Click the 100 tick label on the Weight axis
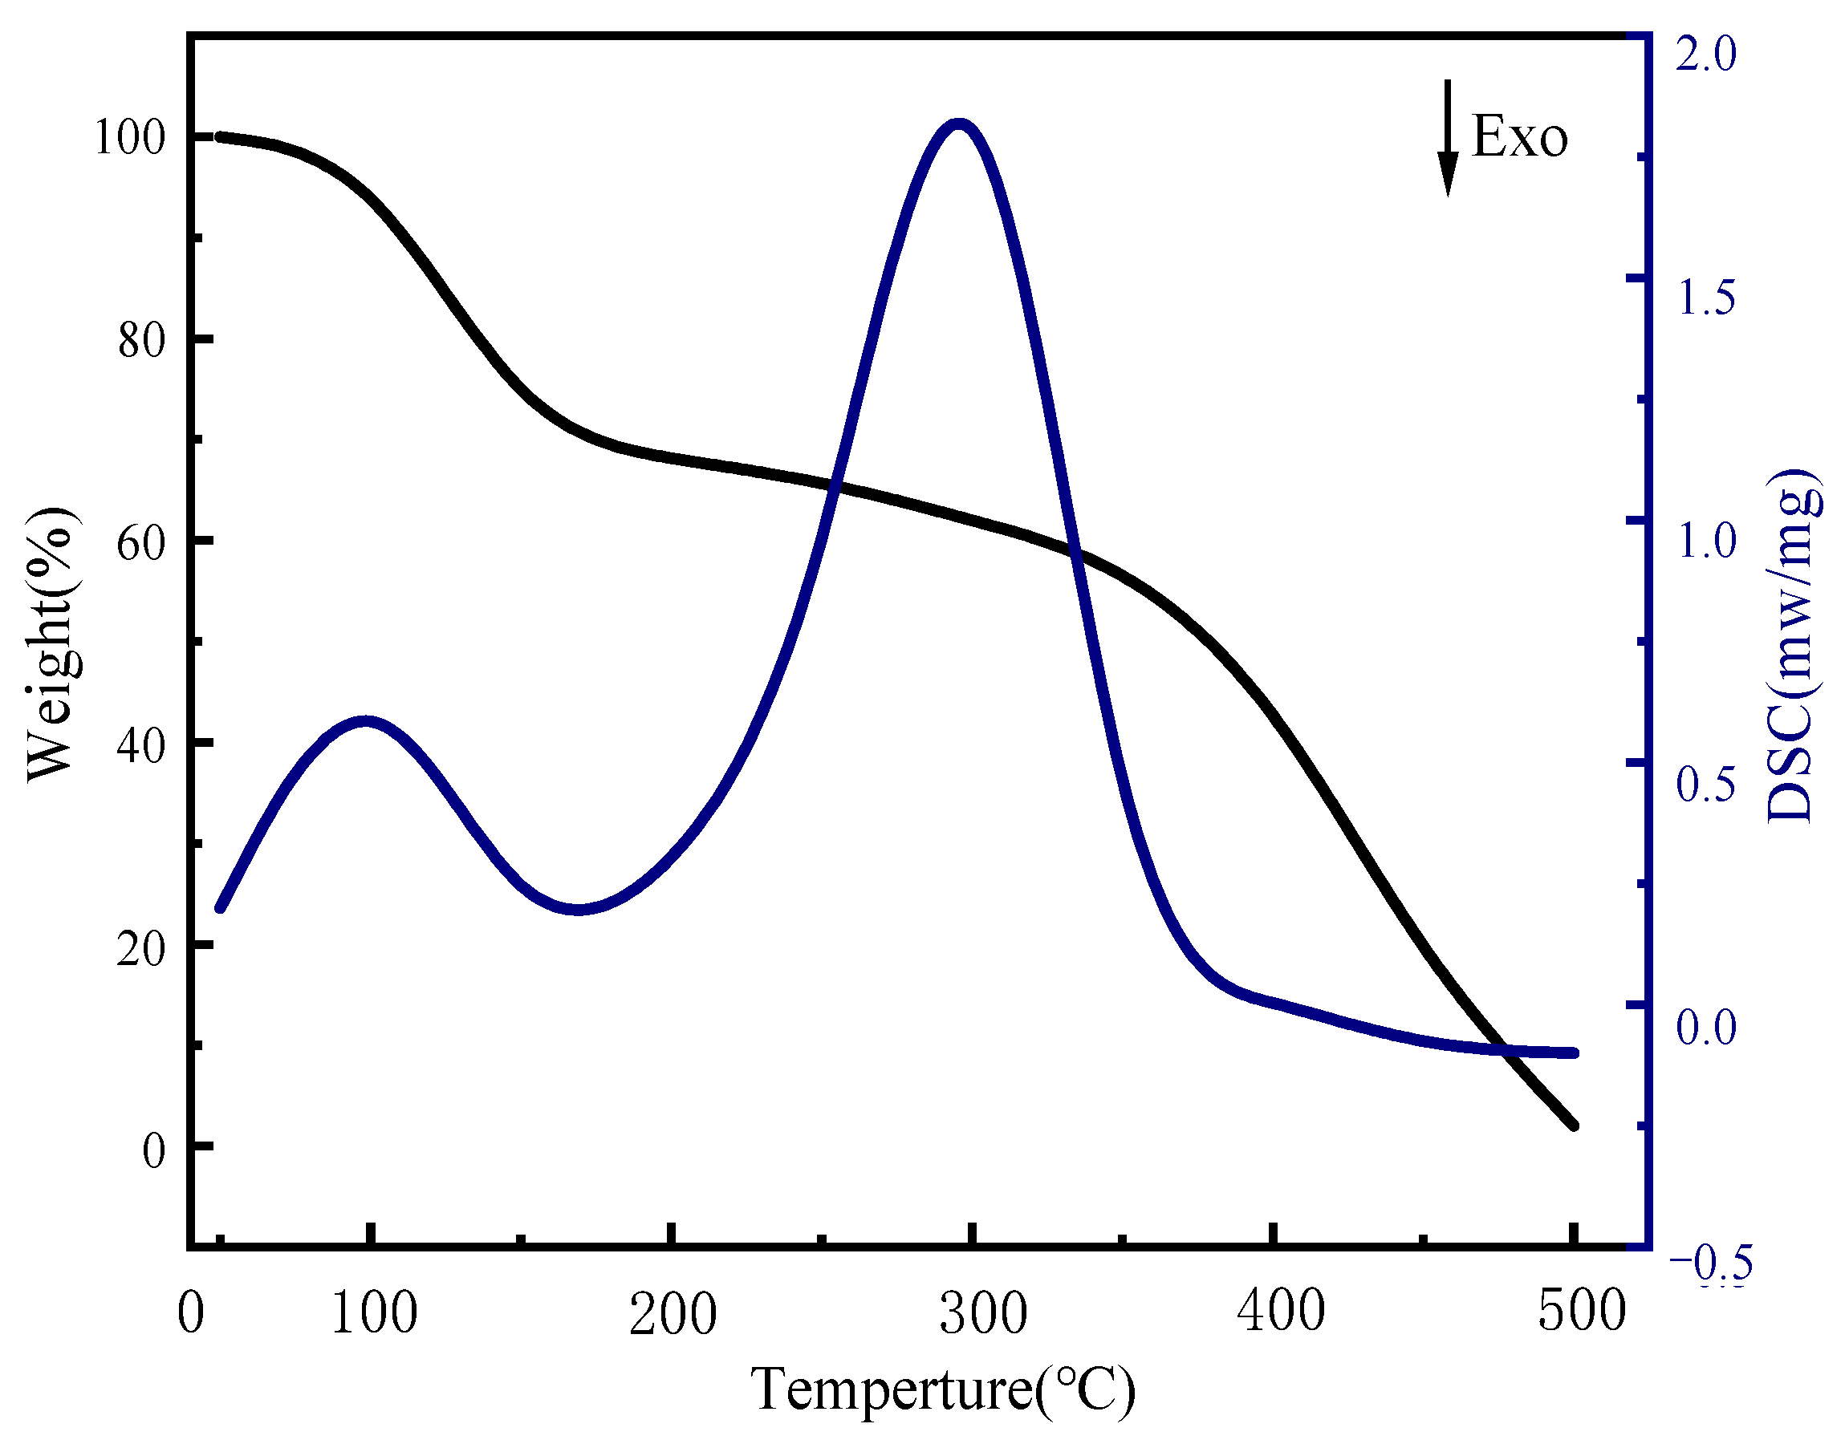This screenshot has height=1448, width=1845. click(x=129, y=137)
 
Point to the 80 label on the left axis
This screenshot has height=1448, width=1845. click(x=140, y=340)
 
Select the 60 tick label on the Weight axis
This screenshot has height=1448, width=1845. click(x=140, y=541)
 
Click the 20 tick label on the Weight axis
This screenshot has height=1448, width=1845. click(x=140, y=947)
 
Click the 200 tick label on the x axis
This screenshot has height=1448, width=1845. click(x=673, y=1313)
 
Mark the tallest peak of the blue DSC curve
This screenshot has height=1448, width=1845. click(x=959, y=125)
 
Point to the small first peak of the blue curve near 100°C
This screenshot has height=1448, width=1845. click(x=365, y=721)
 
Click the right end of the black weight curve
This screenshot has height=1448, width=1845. click(x=1574, y=1126)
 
